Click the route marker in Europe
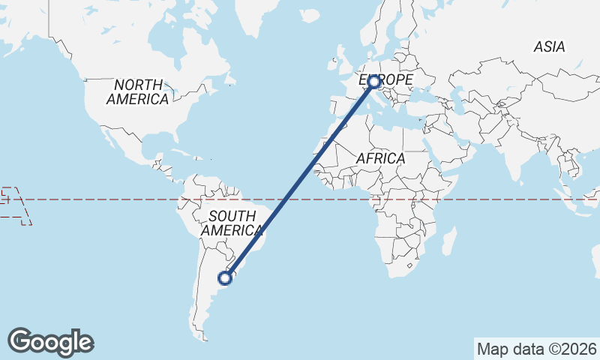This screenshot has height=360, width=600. tap(373, 82)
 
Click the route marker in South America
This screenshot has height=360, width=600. tap(224, 278)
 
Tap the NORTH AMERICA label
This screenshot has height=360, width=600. tap(137, 91)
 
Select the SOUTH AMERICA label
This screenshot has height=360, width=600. tap(232, 223)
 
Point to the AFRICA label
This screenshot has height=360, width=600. tap(380, 158)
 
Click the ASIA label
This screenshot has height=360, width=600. tap(549, 46)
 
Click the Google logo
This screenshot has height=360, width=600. tap(50, 341)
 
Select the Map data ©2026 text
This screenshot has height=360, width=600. tap(537, 349)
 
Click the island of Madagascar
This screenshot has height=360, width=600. tap(450, 241)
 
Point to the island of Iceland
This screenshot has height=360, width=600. tap(309, 15)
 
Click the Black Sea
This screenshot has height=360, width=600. tap(425, 95)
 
